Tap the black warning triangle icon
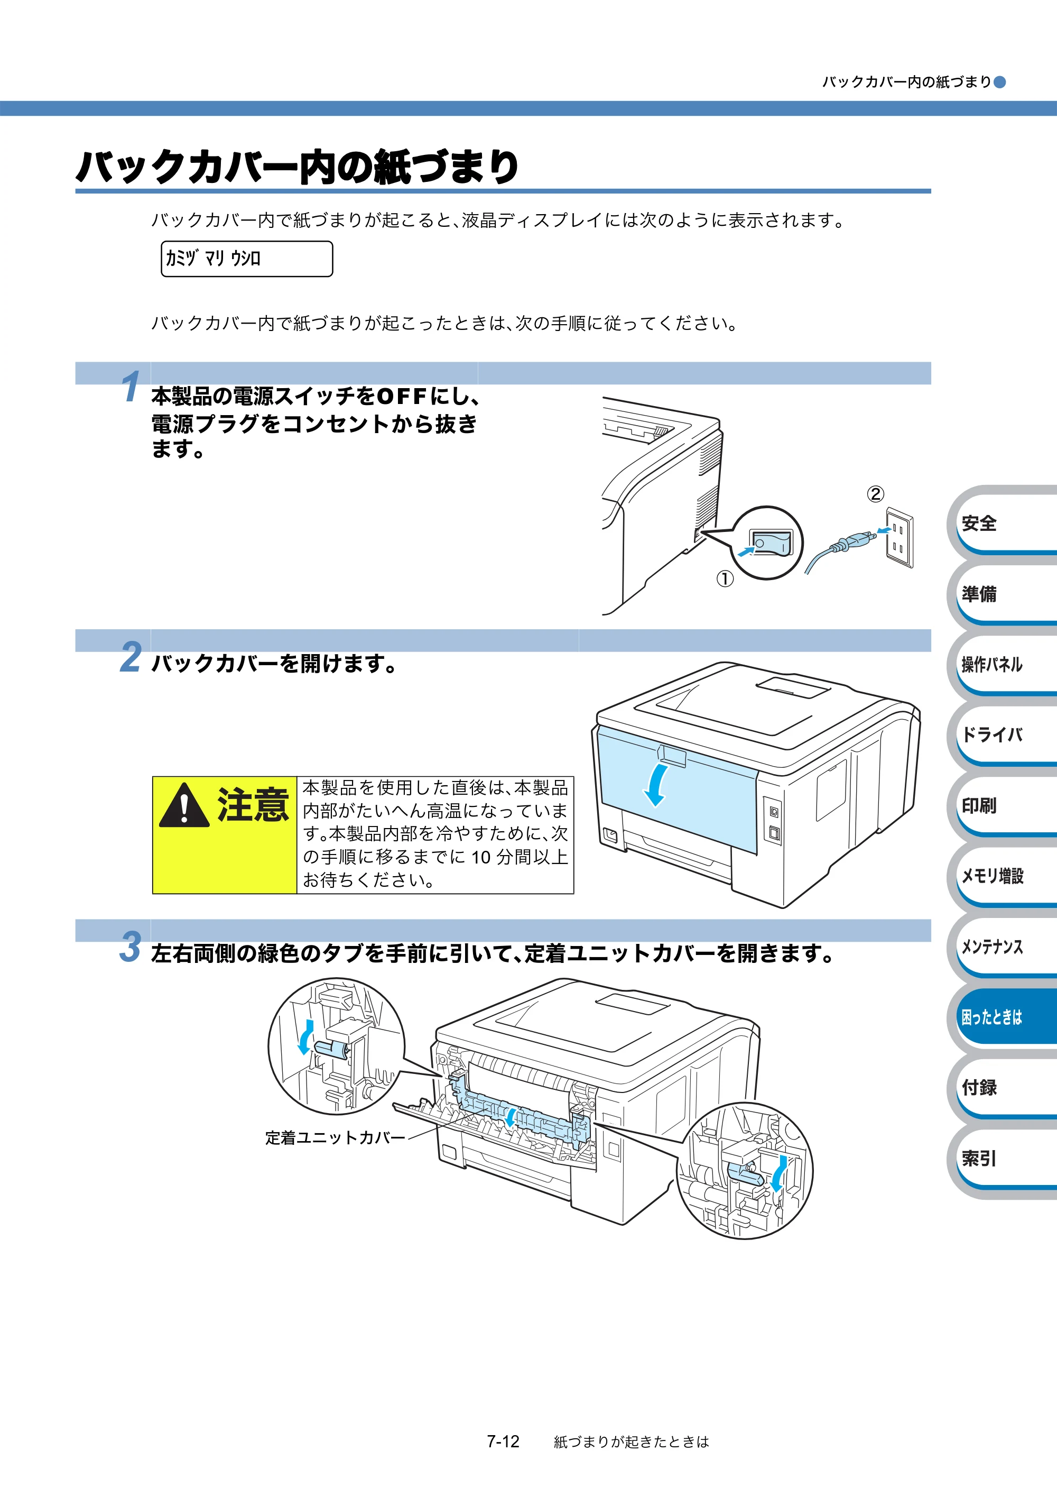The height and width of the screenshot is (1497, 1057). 184,806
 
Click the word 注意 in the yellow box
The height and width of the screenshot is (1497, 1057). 253,805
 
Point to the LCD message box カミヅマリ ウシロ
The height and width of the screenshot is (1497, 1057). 247,259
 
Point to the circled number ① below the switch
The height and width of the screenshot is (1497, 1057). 725,578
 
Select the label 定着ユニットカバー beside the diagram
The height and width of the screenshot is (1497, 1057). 335,1138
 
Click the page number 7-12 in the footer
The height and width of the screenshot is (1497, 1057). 503,1441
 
